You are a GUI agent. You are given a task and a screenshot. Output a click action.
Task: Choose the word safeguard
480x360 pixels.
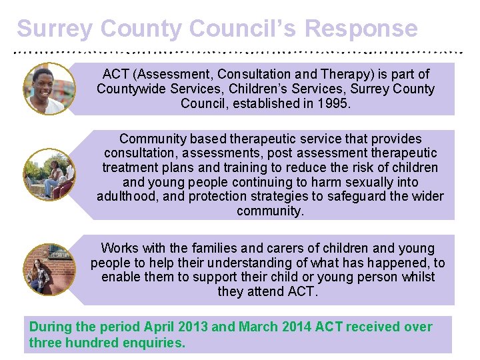coord(367,197)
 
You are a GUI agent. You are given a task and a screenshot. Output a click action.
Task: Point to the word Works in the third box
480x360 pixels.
coord(120,248)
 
